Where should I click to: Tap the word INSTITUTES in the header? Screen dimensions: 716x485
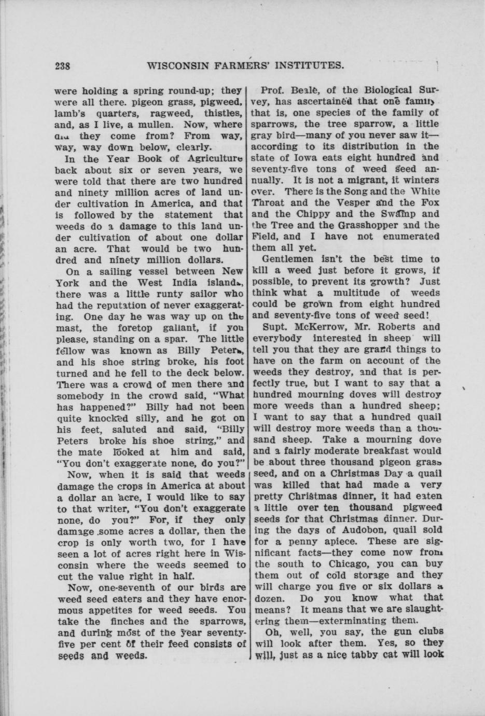pyautogui.click(x=305, y=66)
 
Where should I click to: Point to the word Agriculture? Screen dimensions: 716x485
pyautogui.click(x=214, y=159)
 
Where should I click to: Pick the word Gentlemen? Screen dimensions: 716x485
pyautogui.click(x=288, y=259)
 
